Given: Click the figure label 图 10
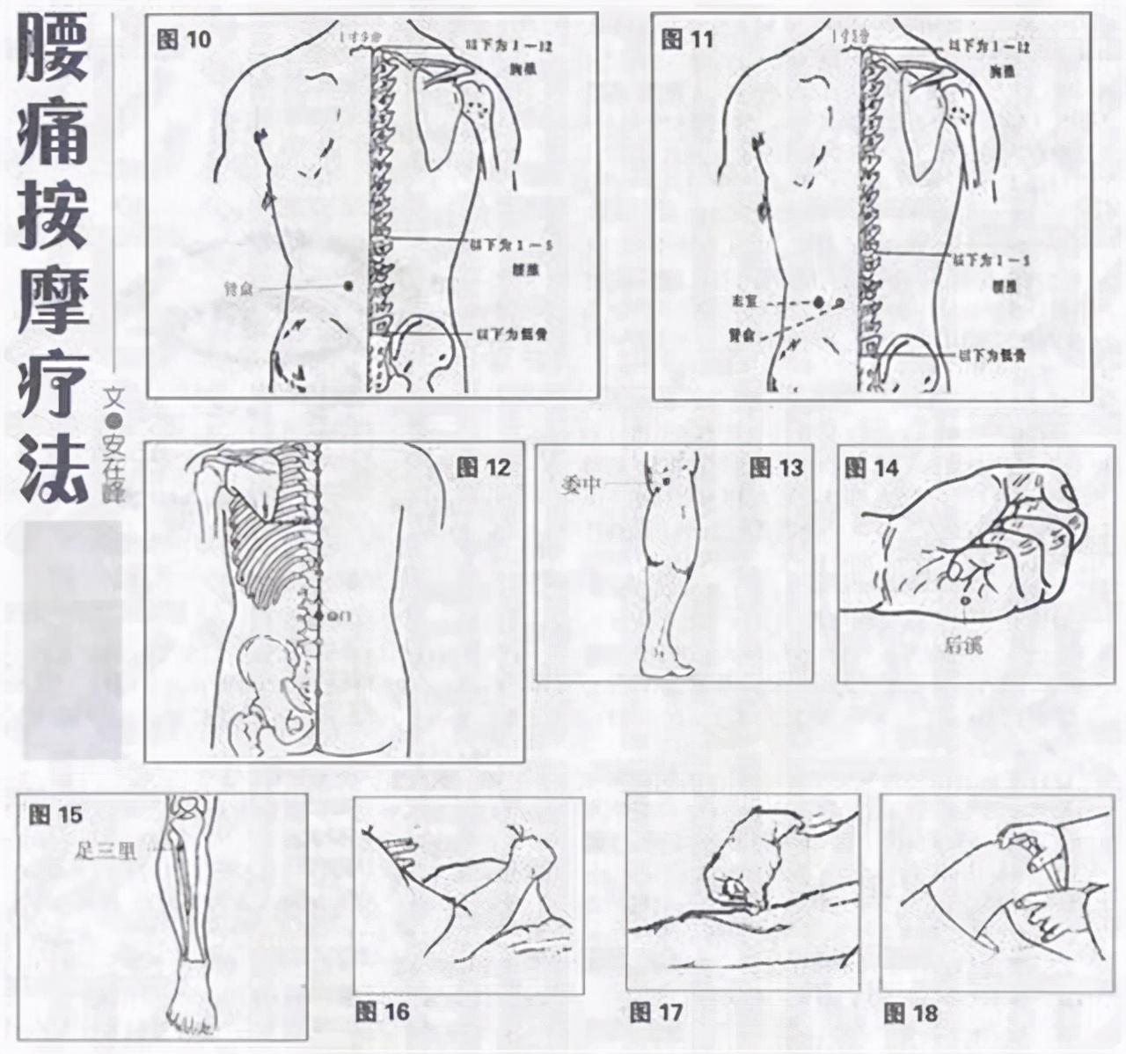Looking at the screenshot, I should pyautogui.click(x=183, y=40).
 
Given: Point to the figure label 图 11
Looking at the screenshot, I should pyautogui.click(x=688, y=40).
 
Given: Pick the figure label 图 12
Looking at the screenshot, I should pyautogui.click(x=484, y=467).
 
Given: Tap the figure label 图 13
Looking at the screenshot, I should pyautogui.click(x=777, y=467).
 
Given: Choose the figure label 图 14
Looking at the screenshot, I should pyautogui.click(x=872, y=467).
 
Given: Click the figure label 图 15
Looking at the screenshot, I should pyautogui.click(x=55, y=814).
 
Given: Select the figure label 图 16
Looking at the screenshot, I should pyautogui.click(x=383, y=1011).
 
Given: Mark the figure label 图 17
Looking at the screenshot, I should pyautogui.click(x=656, y=1012).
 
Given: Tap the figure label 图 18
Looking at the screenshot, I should pyautogui.click(x=911, y=1013).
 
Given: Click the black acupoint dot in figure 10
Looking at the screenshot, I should pyautogui.click(x=347, y=285).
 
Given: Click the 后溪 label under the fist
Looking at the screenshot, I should pyautogui.click(x=959, y=646).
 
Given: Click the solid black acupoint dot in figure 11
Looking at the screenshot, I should pyautogui.click(x=819, y=303).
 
